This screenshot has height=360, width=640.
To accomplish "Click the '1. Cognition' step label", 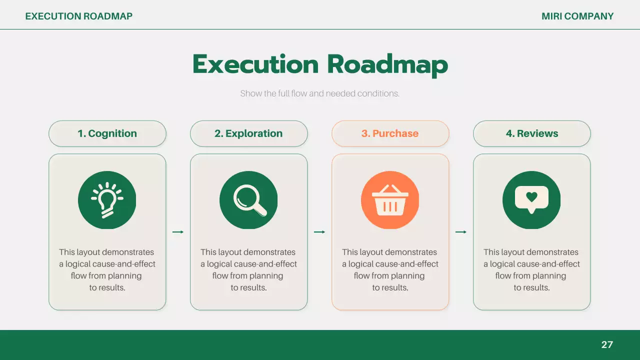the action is coord(107,133).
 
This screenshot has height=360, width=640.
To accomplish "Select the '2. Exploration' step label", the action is coord(248,133).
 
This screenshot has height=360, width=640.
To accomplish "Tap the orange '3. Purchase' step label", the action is coord(390,133).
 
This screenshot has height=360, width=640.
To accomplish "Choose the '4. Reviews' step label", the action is coord(531,133).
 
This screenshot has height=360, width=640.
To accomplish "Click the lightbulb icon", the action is coord(107,200).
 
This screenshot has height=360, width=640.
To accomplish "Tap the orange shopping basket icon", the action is coord(390,200).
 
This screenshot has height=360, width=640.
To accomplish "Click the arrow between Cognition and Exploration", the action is coord(178,231).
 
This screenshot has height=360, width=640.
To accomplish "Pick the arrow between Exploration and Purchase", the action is coord(319,231).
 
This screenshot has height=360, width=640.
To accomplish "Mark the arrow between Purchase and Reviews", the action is coord(461,231).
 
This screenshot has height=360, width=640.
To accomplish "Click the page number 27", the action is coord(607,344).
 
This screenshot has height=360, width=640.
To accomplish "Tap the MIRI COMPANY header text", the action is coord(577,16).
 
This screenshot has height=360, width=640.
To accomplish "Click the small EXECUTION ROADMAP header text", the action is coord(79,16).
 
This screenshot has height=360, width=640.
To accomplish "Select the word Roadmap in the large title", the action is coord(387,65).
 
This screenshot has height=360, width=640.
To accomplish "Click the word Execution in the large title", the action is coord(255,64).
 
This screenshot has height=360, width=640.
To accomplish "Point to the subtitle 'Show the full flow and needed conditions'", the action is coord(320,93).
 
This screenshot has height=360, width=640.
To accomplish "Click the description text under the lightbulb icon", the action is coord(107,269).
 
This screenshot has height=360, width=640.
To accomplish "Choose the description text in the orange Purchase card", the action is coord(390,269).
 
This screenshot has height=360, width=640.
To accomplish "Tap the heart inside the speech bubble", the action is coord(531,197).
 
